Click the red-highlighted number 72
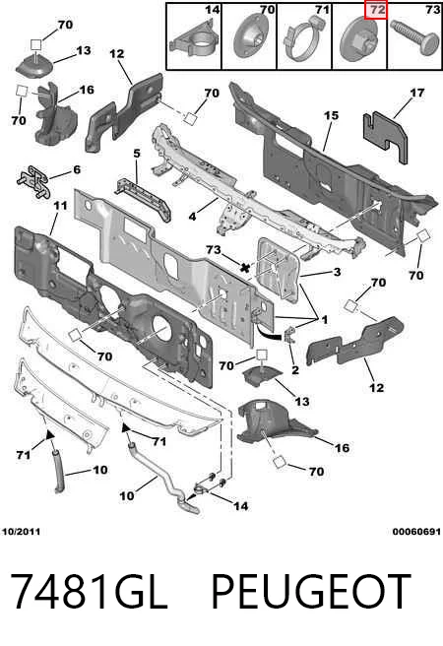(x=375, y=10)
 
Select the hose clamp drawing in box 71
(x=302, y=40)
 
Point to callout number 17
(x=417, y=94)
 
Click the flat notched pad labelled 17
(x=385, y=136)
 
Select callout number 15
(x=331, y=116)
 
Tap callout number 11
(x=60, y=206)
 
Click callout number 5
(x=137, y=154)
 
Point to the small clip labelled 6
(x=34, y=182)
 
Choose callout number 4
(x=192, y=216)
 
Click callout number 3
(x=337, y=272)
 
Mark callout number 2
(x=294, y=369)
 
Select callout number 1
(x=325, y=319)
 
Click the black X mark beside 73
(x=245, y=268)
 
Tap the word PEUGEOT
(x=311, y=592)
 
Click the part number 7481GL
(x=88, y=592)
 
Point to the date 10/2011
(x=21, y=532)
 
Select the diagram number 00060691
(x=416, y=532)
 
